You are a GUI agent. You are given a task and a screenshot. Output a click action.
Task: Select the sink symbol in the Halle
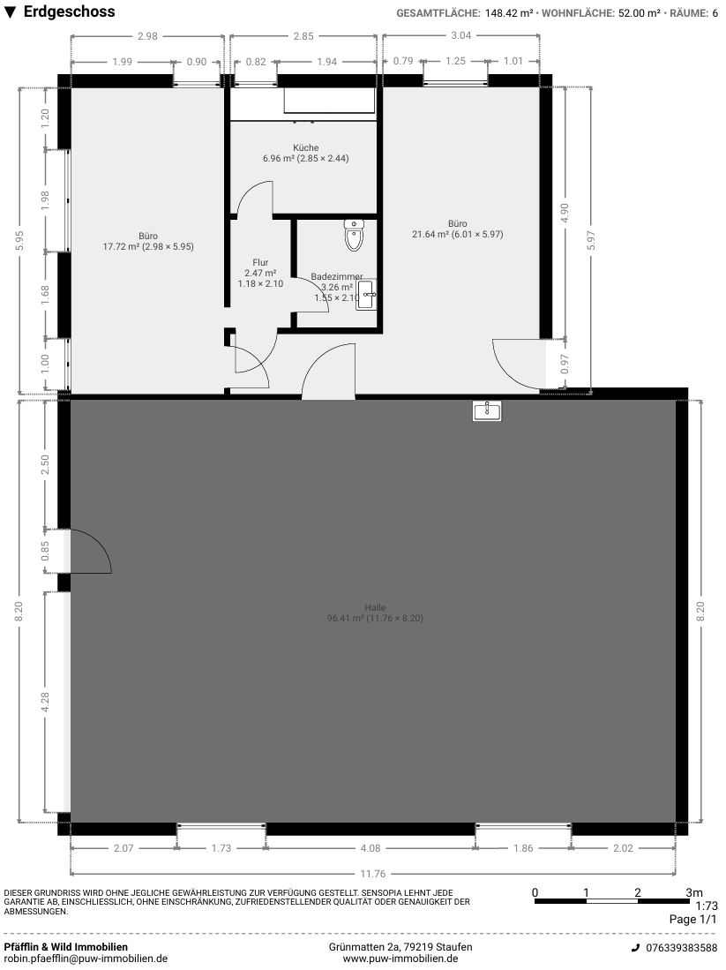(487, 410)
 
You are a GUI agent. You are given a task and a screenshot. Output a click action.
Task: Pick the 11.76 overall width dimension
(372, 874)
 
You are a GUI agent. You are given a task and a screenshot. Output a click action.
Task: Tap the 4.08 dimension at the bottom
(370, 848)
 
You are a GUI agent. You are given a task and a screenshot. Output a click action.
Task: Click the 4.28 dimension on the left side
(45, 703)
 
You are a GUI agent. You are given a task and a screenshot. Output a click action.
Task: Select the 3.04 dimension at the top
(460, 35)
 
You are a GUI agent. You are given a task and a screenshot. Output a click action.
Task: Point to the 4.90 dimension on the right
(564, 213)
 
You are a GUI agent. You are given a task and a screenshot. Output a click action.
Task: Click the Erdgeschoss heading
(70, 11)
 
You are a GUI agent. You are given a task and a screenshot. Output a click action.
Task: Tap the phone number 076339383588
(682, 948)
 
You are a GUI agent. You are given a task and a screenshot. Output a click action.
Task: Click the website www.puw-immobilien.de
(400, 959)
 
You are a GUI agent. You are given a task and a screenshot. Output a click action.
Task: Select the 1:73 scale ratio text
(707, 906)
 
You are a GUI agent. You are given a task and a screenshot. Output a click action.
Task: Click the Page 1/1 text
(692, 920)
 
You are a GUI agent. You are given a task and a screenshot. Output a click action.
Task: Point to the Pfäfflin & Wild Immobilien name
(66, 947)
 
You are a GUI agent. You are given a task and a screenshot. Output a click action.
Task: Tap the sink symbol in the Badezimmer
(366, 295)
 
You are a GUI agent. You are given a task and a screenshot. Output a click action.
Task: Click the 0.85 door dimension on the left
(45, 551)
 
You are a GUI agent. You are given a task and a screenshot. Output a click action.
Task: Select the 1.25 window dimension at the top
(455, 61)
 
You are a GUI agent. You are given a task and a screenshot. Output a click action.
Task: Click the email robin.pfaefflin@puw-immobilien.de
(86, 959)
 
